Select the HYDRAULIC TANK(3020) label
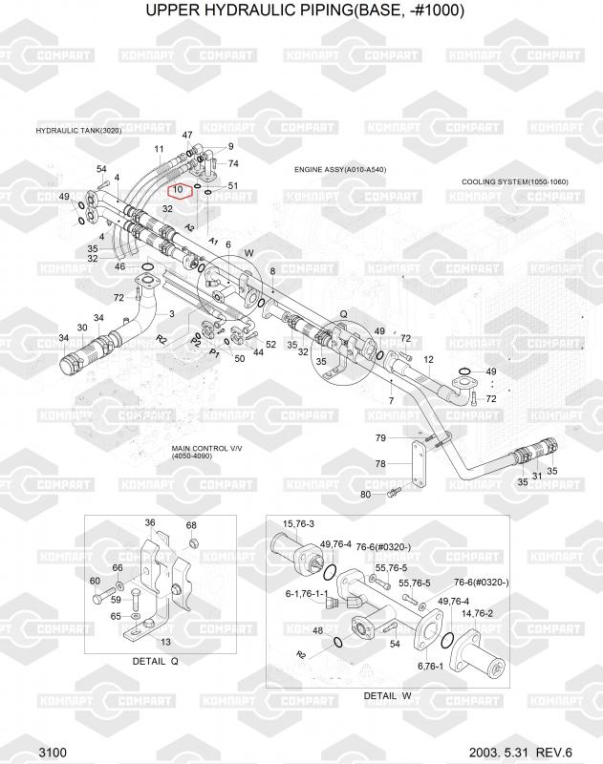pos(78,130)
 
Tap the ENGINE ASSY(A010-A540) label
pos(340,169)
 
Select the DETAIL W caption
pos(387,695)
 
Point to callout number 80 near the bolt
pos(365,494)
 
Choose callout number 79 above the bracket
pos(379,437)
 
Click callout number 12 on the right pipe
pos(429,359)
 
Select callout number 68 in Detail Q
pos(191,526)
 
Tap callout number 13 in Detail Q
pos(165,642)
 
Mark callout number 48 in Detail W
pos(318,630)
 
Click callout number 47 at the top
pos(187,136)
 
